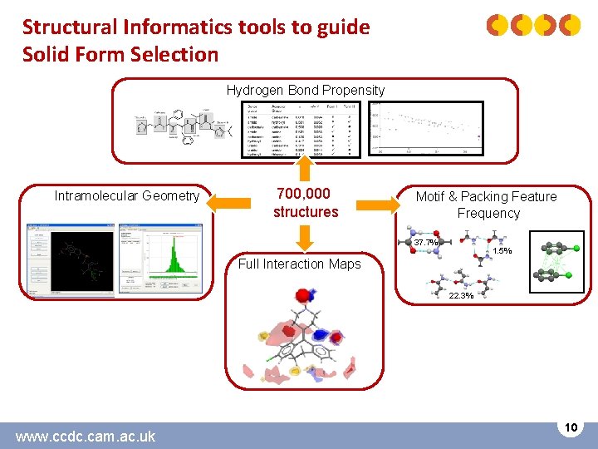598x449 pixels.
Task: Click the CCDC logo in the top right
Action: (x=533, y=26)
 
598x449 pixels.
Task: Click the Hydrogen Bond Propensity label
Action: (x=306, y=90)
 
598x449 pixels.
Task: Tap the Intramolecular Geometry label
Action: (x=127, y=196)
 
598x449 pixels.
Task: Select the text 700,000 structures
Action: (x=306, y=203)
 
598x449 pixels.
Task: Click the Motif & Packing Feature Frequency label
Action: (x=487, y=205)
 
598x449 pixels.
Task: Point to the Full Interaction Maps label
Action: (x=299, y=264)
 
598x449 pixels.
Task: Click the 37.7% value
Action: (x=426, y=243)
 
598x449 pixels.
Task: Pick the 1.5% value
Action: (x=502, y=251)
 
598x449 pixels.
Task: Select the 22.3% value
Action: (x=461, y=296)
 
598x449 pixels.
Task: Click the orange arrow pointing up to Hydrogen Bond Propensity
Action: (x=306, y=170)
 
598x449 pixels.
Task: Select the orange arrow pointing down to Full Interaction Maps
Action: (x=306, y=237)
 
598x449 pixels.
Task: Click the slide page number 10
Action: (x=571, y=427)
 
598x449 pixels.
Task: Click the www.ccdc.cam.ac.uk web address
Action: (x=86, y=436)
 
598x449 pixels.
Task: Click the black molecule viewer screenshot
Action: (x=81, y=261)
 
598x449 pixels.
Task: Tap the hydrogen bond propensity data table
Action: (x=301, y=129)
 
